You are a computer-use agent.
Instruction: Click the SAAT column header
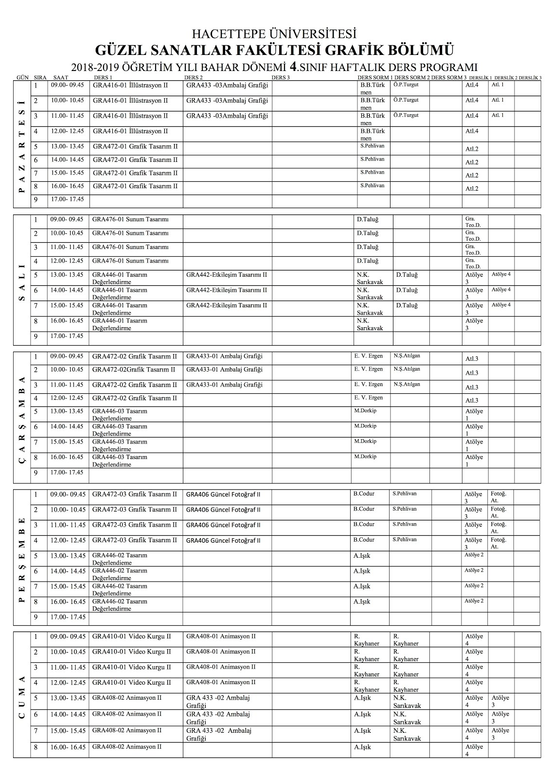point(61,77)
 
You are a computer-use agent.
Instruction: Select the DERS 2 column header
point(194,77)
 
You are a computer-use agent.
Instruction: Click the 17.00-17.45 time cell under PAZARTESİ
point(67,199)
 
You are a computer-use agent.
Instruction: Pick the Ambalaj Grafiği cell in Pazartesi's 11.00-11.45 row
point(227,116)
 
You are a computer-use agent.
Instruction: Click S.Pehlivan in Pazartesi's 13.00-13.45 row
point(373,145)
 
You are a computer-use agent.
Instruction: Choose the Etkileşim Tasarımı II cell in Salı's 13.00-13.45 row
point(227,275)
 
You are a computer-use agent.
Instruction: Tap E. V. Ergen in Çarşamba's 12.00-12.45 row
point(368,397)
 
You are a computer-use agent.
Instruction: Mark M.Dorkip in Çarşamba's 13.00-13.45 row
point(365,410)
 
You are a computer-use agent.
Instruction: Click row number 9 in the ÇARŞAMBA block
point(35,473)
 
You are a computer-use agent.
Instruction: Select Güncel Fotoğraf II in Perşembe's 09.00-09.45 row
point(223,495)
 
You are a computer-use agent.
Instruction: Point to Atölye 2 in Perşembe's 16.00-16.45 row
point(474,601)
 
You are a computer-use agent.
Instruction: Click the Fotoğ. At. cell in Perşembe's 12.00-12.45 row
point(498,543)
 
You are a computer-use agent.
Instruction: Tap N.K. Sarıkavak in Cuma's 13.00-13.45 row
point(407,701)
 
